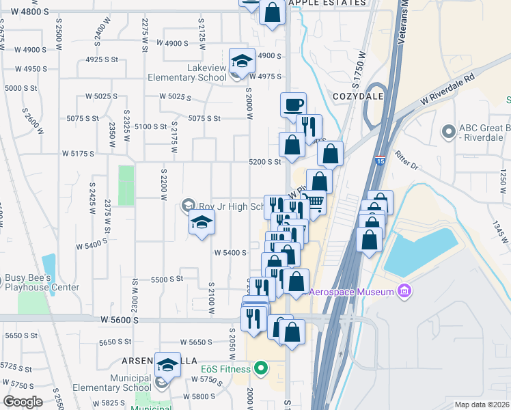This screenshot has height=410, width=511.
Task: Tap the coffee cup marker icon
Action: pyautogui.click(x=293, y=105)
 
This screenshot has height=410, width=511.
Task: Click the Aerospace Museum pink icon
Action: pyautogui.click(x=404, y=292)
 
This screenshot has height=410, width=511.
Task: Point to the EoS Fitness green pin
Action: pyautogui.click(x=260, y=370)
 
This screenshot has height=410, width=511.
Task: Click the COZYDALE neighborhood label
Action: pyautogui.click(x=355, y=97)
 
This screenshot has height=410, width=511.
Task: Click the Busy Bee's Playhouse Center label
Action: pyautogui.click(x=42, y=283)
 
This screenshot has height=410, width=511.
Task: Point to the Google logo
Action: pyautogui.click(x=23, y=402)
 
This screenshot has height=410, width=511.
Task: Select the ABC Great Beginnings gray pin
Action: pyautogui.click(x=448, y=130)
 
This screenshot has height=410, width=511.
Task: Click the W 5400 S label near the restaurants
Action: pyautogui.click(x=230, y=253)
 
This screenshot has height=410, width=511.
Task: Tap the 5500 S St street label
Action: pyautogui.click(x=167, y=279)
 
